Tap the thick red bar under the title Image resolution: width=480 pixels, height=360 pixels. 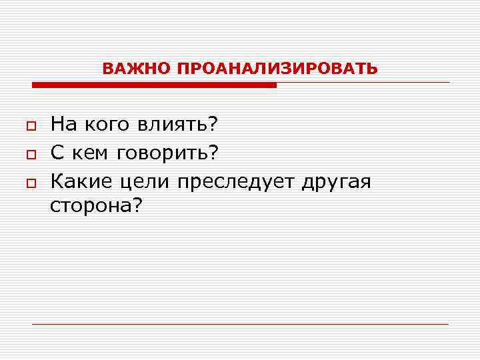pos(154,85)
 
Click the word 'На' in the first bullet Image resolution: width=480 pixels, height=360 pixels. pos(64,124)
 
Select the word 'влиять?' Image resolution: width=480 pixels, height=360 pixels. pos(179,124)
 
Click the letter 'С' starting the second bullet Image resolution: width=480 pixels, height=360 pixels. pos(57,153)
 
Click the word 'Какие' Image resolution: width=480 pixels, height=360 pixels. pos(81,181)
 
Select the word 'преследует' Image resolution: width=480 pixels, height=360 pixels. pos(236,182)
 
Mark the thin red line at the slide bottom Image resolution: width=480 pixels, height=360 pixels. pos(240,324)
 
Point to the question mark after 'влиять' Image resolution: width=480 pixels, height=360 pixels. pos(214,124)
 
